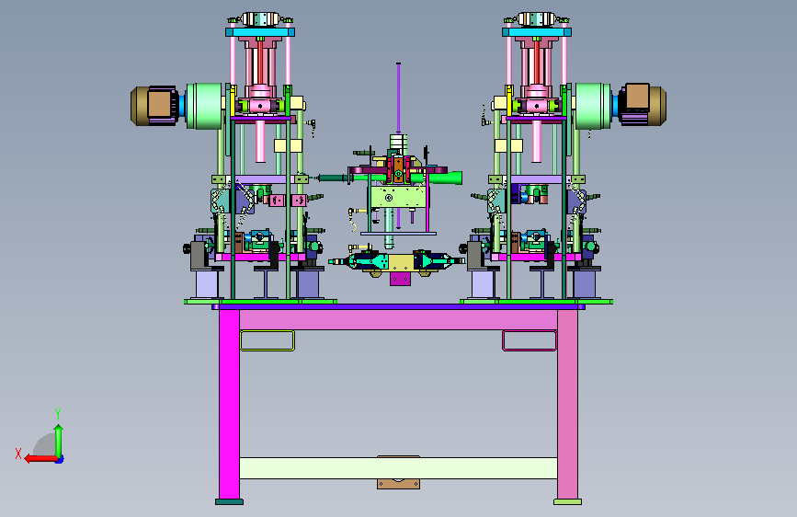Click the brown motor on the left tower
coord(155,106)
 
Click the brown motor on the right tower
coord(642,104)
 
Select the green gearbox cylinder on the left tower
coord(204,106)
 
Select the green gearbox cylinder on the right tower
coord(593,106)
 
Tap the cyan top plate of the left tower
coord(260,32)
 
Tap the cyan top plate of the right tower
coord(536,32)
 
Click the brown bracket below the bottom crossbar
coord(399,484)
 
